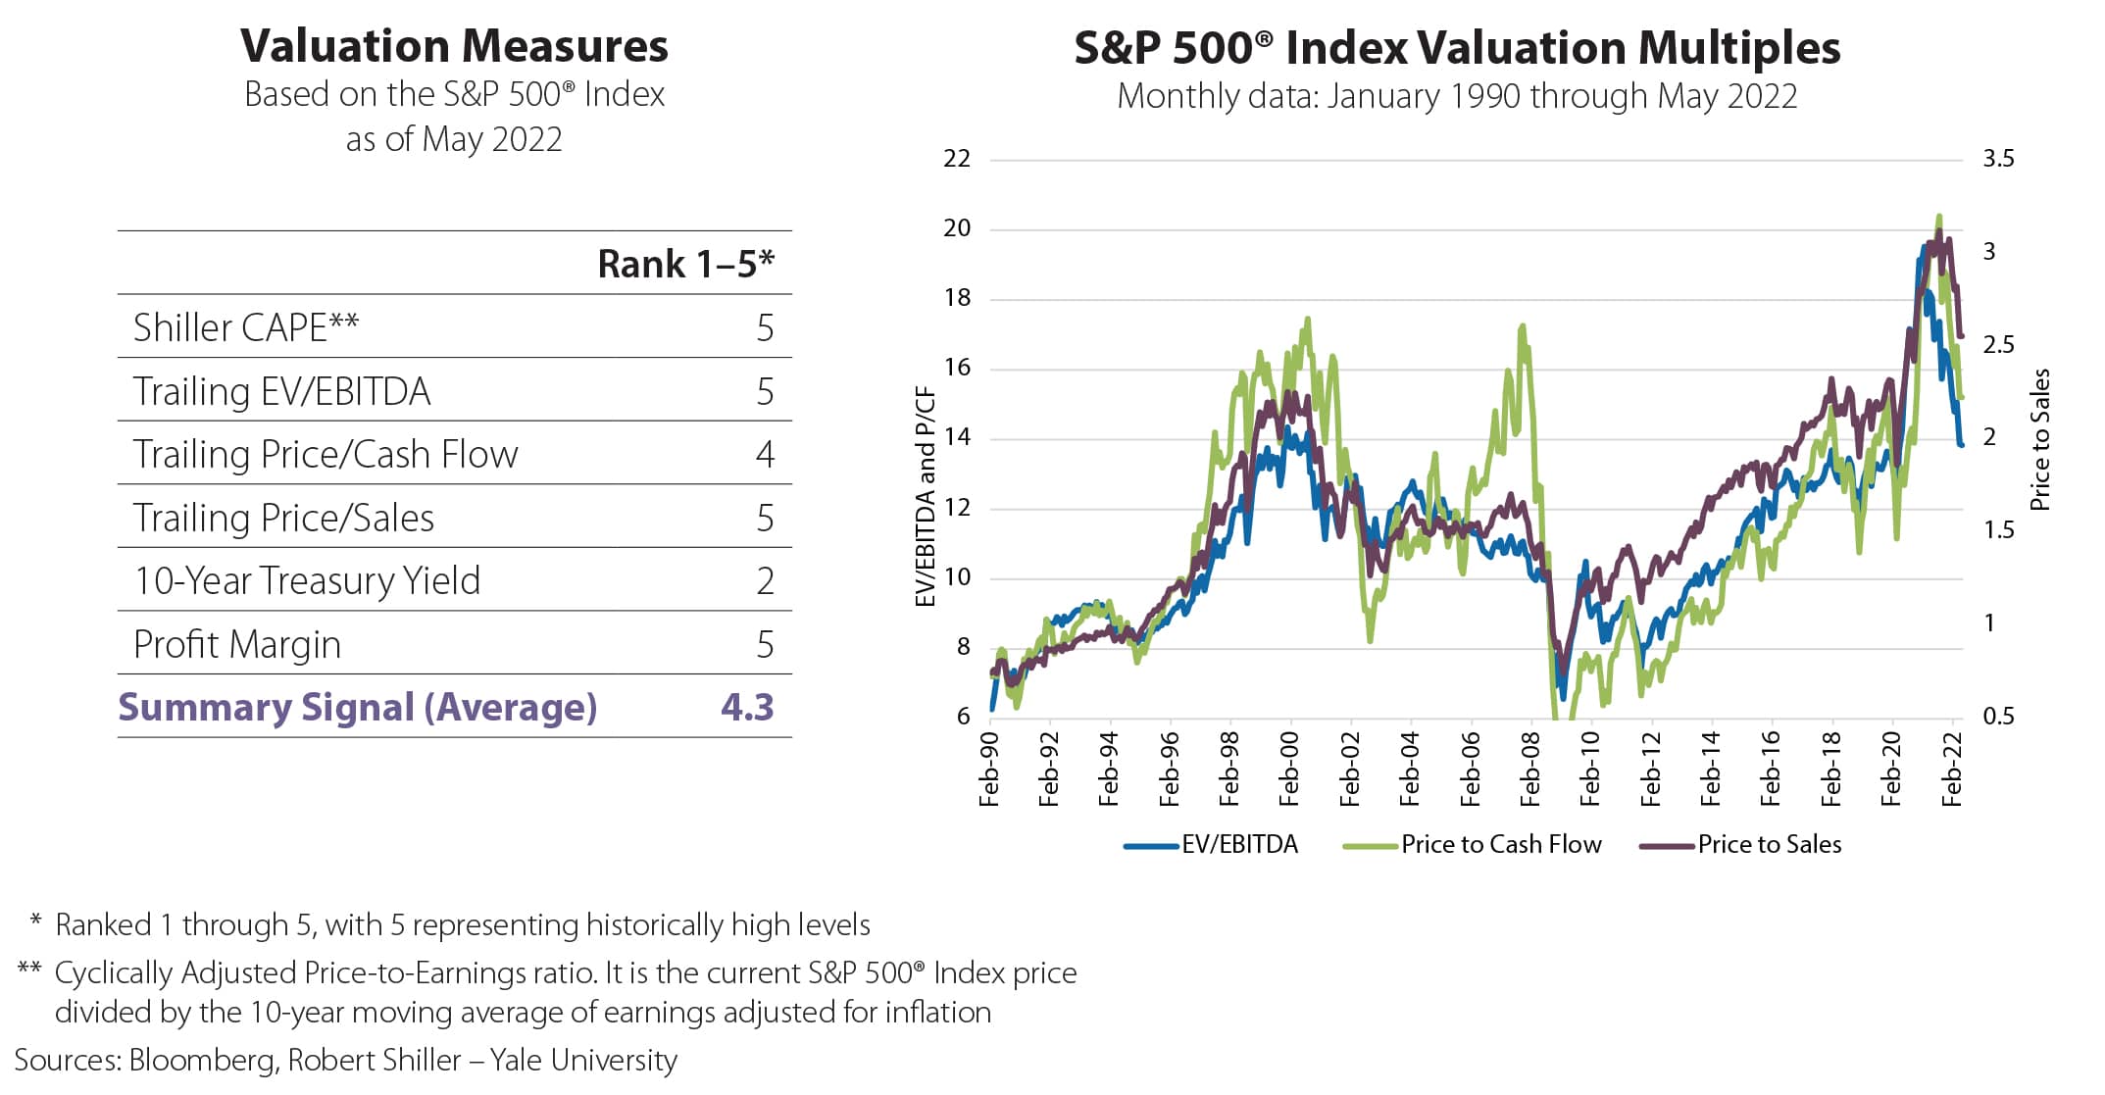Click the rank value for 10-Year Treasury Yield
click(x=766, y=581)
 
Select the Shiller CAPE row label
click(x=246, y=327)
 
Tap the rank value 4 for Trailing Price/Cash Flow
click(x=766, y=455)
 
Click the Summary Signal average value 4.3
click(x=747, y=707)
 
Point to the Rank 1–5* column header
click(x=685, y=264)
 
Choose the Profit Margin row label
click(x=237, y=645)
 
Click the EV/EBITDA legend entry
click(x=1212, y=844)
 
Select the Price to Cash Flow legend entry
click(x=1473, y=844)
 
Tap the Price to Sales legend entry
click(x=1741, y=844)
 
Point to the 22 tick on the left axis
click(x=957, y=159)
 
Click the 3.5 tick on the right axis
click(x=1998, y=159)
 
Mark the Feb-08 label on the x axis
click(x=1529, y=770)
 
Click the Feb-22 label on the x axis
click(x=1951, y=770)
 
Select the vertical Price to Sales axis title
click(x=2040, y=439)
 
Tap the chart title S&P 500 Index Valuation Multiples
click(x=1457, y=47)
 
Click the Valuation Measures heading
click(x=454, y=46)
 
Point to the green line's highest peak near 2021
click(x=1939, y=217)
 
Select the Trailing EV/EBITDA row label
click(x=282, y=391)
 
